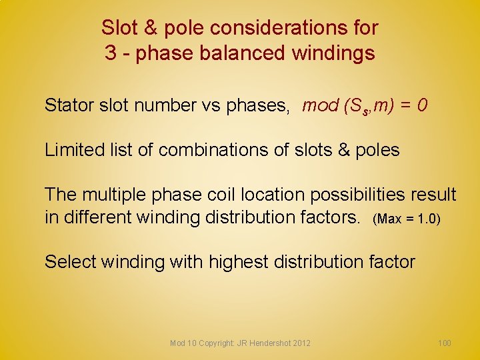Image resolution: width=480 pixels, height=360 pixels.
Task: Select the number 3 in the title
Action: [x=111, y=52]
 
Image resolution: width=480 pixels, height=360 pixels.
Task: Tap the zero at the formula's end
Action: [x=422, y=105]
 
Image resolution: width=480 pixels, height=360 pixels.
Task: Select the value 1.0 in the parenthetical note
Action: [x=426, y=218]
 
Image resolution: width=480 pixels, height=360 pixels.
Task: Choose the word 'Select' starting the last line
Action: [x=71, y=262]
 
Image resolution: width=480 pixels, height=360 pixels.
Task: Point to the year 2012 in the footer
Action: [x=301, y=343]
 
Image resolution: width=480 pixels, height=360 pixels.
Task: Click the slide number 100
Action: [x=444, y=343]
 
